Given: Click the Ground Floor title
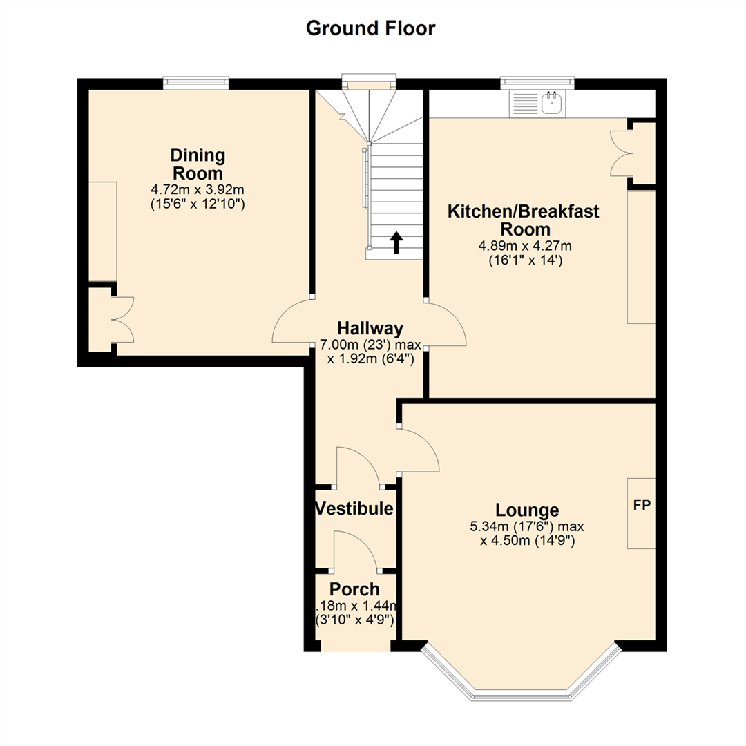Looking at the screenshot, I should coord(370,28).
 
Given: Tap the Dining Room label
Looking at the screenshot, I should coord(198,164).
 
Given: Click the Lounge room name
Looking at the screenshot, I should coord(527,510).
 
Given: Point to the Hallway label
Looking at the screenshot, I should coord(370,327).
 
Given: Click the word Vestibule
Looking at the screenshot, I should coord(354,509).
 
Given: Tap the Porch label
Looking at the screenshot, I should coord(354,589).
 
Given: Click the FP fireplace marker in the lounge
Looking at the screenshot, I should coord(642,505).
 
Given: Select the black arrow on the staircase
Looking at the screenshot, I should coord(396,242).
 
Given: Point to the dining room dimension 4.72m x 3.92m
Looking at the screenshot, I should coord(198,189).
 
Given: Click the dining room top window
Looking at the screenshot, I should coord(195,83).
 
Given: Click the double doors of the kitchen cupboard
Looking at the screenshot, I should coord(619,153).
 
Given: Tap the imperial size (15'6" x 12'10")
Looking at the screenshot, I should coord(198,204).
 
